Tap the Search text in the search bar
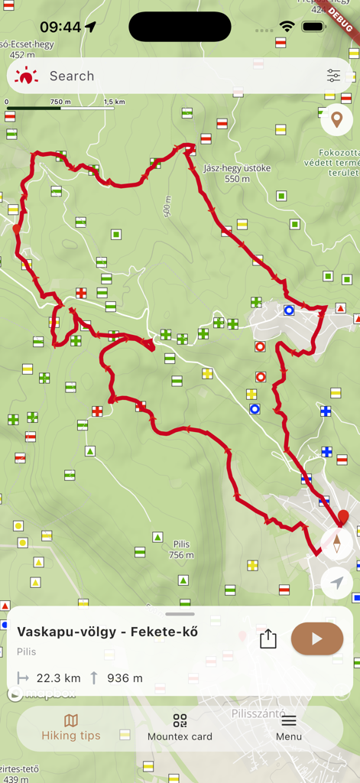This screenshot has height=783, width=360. [72, 76]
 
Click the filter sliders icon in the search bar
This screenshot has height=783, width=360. [333, 76]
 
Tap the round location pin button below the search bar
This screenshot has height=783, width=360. [336, 120]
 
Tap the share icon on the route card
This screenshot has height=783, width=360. [268, 638]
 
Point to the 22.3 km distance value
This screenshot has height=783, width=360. [59, 677]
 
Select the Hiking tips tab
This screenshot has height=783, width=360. [70, 727]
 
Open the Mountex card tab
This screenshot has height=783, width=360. [180, 727]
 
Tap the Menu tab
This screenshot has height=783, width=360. [289, 727]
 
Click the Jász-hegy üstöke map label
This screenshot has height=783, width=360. [238, 173]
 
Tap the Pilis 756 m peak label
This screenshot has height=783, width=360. [181, 549]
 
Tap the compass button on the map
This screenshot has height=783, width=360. [337, 544]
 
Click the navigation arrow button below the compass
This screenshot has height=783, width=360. [337, 583]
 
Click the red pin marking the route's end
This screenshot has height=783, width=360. [343, 517]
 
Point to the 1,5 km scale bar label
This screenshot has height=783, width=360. [114, 102]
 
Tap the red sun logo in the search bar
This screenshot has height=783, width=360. [26, 76]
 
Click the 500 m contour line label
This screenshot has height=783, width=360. [167, 206]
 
